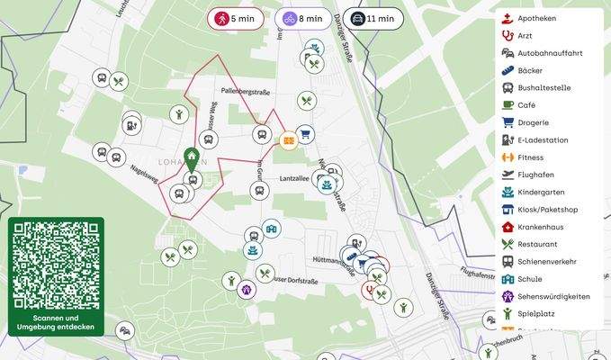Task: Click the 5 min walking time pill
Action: (236, 18)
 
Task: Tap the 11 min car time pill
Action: (373, 18)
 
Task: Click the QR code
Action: (56, 265)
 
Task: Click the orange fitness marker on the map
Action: (288, 139)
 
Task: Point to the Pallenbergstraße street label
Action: (246, 92)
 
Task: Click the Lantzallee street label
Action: (294, 179)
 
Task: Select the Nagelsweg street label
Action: (144, 173)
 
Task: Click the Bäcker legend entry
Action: (530, 70)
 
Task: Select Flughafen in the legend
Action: (536, 175)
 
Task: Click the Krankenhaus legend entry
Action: (541, 227)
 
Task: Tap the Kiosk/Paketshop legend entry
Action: (547, 210)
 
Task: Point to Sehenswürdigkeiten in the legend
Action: (553, 296)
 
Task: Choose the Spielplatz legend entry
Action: (536, 313)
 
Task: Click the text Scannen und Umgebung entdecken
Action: (56, 322)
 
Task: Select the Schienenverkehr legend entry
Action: (547, 261)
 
